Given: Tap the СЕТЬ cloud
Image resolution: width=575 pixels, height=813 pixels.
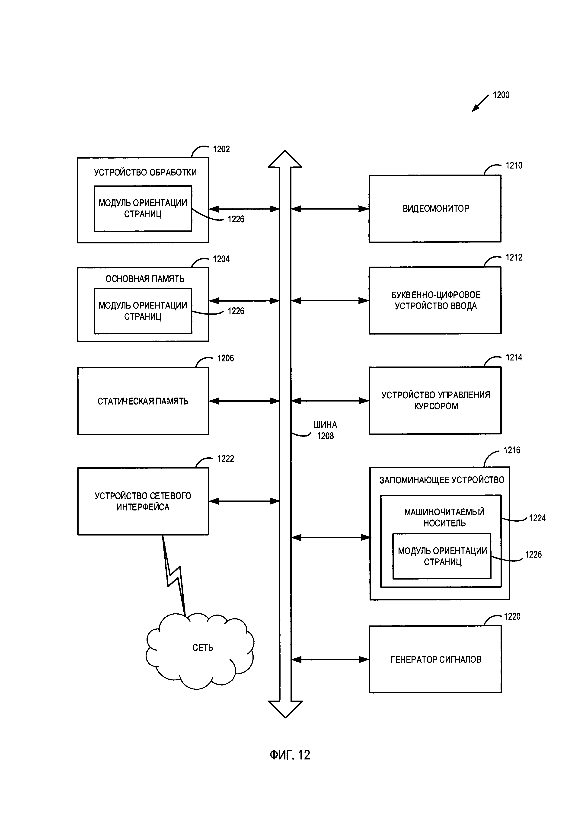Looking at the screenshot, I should [202, 648].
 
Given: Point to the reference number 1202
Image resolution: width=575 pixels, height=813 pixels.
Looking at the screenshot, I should [221, 149].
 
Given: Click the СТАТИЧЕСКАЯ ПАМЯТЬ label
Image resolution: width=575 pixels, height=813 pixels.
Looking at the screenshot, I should [143, 401].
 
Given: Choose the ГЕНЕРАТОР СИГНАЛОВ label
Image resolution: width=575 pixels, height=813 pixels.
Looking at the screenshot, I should [436, 659].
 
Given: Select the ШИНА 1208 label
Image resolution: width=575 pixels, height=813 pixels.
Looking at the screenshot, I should [325, 430].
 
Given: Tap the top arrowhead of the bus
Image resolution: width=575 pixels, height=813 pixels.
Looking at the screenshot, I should [285, 159].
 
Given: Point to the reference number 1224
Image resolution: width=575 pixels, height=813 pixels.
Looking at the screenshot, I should [537, 518].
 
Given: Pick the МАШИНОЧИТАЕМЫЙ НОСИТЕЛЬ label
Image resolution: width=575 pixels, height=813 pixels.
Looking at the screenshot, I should [444, 517].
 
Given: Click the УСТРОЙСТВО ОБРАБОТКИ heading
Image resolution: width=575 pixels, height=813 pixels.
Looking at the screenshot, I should [145, 172].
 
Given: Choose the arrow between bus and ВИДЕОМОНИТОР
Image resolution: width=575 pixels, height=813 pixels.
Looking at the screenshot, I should [330, 209].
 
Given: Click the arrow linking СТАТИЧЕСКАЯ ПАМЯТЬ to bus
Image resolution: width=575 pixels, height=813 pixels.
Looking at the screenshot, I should [244, 401].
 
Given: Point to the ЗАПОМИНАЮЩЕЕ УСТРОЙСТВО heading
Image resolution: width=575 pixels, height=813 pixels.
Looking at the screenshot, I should [441, 480].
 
